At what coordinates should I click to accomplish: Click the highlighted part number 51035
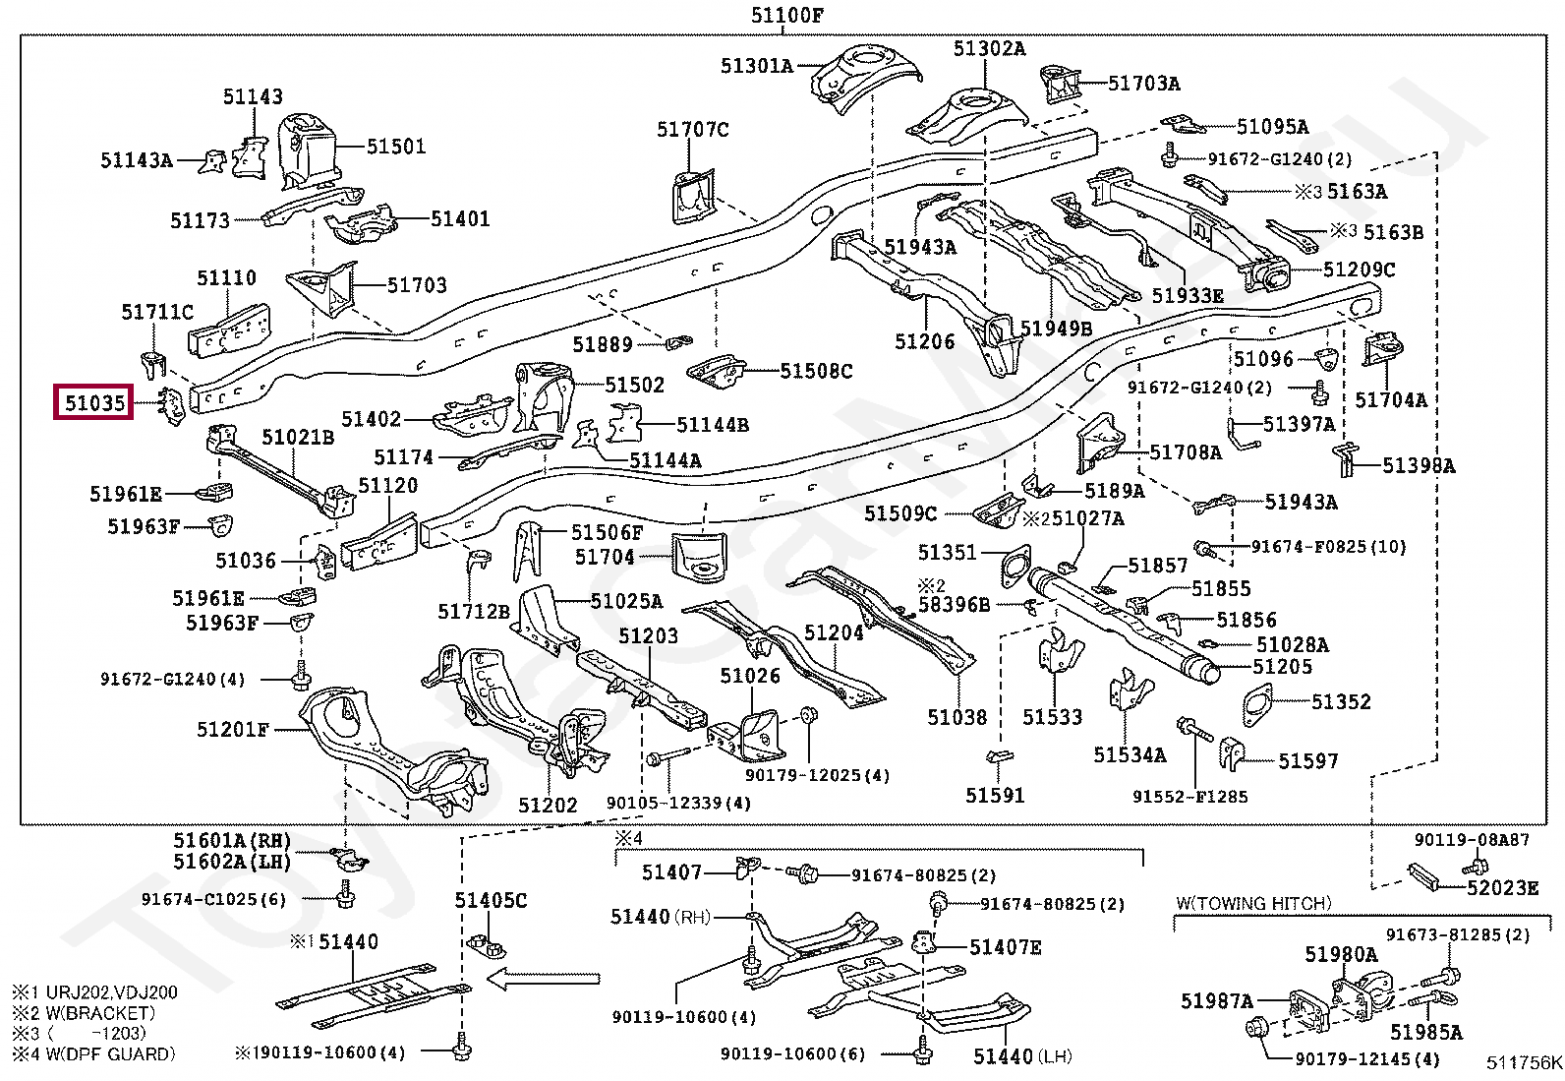pyautogui.click(x=94, y=402)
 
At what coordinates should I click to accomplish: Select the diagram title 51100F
pyautogui.click(x=787, y=15)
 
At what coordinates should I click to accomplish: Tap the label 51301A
pyautogui.click(x=757, y=66)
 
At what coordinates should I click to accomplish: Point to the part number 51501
pyautogui.click(x=396, y=147)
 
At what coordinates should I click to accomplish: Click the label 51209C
pyautogui.click(x=1360, y=270)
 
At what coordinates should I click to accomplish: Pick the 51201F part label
pyautogui.click(x=233, y=729)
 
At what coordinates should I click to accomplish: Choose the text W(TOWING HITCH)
pyautogui.click(x=1254, y=903)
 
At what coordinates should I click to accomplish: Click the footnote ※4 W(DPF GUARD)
pyautogui.click(x=93, y=1053)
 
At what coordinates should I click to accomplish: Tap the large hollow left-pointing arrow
pyautogui.click(x=543, y=979)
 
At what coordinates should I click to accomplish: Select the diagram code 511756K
pyautogui.click(x=1524, y=1063)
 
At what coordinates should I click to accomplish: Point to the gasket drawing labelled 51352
pyautogui.click(x=1257, y=705)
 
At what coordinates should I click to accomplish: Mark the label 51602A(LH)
pyautogui.click(x=232, y=861)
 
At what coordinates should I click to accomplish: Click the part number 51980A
pyautogui.click(x=1342, y=954)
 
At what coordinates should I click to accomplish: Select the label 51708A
pyautogui.click(x=1186, y=452)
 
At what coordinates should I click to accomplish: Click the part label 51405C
pyautogui.click(x=492, y=900)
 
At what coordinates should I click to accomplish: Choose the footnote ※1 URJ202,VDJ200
pyautogui.click(x=95, y=991)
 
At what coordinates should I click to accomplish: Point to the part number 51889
pyautogui.click(x=603, y=344)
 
